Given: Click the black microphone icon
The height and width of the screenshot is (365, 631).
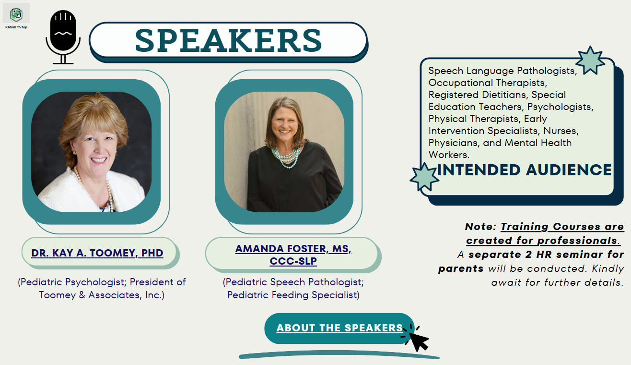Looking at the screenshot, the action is coord(63,36).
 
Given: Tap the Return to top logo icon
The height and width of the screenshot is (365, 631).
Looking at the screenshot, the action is coord(16,14).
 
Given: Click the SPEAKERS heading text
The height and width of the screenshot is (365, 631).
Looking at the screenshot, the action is coord(228,41).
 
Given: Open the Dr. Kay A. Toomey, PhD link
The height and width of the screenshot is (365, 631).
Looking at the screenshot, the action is coord(97,253).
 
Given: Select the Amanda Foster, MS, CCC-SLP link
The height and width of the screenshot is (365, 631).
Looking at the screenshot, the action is coord(293,255).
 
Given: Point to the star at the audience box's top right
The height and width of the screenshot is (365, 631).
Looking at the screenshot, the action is coord(590,61).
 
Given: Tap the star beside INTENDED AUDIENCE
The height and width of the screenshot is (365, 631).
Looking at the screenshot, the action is coord(424,177).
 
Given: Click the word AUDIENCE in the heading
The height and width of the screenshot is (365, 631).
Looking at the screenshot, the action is coord(569,170).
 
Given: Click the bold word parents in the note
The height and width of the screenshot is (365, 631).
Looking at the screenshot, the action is coord(461,269).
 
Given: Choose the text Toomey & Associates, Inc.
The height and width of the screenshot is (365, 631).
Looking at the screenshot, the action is coord(102,295).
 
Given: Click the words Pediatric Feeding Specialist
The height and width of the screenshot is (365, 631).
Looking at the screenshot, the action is coord(293,295).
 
